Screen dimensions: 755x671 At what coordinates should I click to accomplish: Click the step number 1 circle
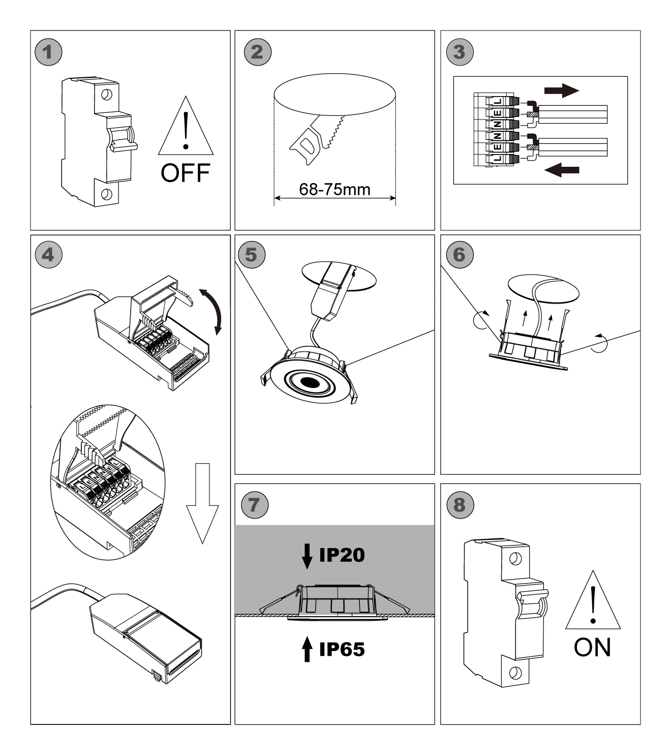(48, 52)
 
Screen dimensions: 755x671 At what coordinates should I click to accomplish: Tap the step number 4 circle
(48, 254)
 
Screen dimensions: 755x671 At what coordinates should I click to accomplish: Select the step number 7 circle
(254, 504)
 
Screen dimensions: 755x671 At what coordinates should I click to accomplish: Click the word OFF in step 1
(185, 173)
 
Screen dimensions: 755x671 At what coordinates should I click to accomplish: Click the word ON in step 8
(592, 647)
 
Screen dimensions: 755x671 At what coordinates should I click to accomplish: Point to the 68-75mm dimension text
(334, 190)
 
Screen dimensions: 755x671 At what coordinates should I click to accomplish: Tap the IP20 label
(342, 555)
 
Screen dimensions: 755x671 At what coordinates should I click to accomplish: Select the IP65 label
(342, 649)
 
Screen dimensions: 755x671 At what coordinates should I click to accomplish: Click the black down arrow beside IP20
(307, 556)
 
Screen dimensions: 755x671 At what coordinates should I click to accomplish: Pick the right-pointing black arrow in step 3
(561, 91)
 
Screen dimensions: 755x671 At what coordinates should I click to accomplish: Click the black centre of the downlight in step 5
(309, 382)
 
